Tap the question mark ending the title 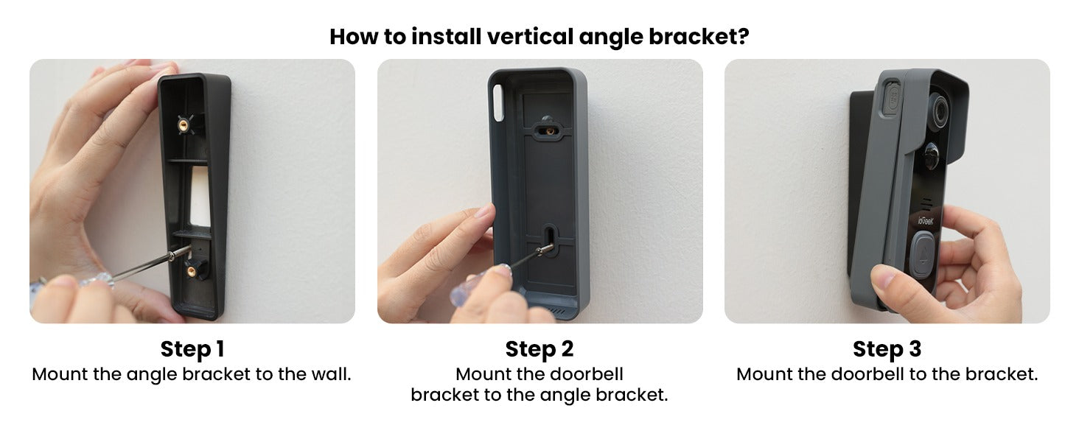(x=743, y=36)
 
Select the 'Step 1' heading (x=192, y=348)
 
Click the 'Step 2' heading (x=539, y=348)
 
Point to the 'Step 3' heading (x=887, y=348)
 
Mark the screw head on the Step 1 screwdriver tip (x=172, y=254)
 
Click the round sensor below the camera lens (x=932, y=156)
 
